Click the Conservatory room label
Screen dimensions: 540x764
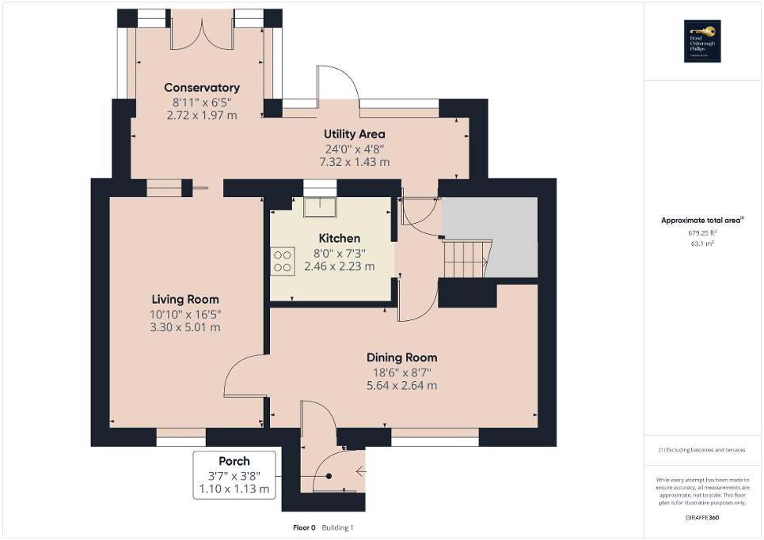201,88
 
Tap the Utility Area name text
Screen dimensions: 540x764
354,134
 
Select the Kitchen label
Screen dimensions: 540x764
339,238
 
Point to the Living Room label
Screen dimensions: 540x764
185,300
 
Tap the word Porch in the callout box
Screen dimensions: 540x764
234,461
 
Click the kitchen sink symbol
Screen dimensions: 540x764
320,205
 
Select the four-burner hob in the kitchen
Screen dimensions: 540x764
283,261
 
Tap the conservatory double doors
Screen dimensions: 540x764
202,32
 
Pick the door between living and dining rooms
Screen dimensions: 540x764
243,375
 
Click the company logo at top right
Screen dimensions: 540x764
704,40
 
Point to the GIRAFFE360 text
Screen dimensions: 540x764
703,517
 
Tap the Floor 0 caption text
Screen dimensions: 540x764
304,527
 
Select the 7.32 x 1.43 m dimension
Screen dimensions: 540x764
354,162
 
